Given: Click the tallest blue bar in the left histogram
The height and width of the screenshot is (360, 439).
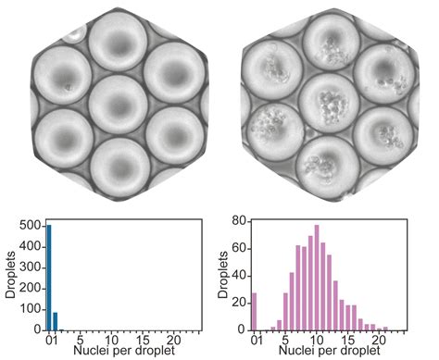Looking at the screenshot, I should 49,278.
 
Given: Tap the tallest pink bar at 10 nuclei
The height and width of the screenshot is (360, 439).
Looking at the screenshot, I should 316,278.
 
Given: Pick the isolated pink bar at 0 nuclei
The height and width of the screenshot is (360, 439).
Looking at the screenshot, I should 255,312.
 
